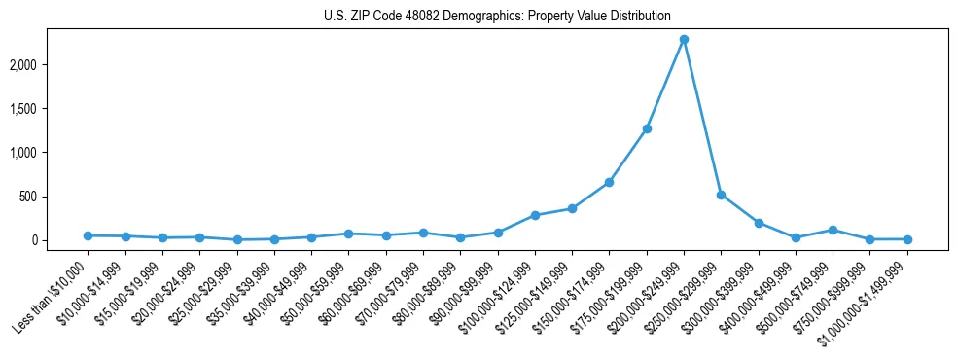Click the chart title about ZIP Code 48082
point(497,16)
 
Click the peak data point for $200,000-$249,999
point(684,40)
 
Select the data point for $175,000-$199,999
point(647,128)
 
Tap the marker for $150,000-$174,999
point(609,182)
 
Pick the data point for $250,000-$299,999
point(721,195)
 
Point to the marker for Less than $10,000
point(88,235)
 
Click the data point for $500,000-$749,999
point(833,230)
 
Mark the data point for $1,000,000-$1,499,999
point(907,239)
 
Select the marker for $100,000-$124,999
point(535,215)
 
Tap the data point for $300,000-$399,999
point(759,223)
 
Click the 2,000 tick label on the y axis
point(51,65)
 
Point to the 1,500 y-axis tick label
point(51,109)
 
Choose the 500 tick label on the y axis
point(55,197)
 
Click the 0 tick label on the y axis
point(60,240)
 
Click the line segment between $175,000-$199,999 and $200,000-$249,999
point(665,85)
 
